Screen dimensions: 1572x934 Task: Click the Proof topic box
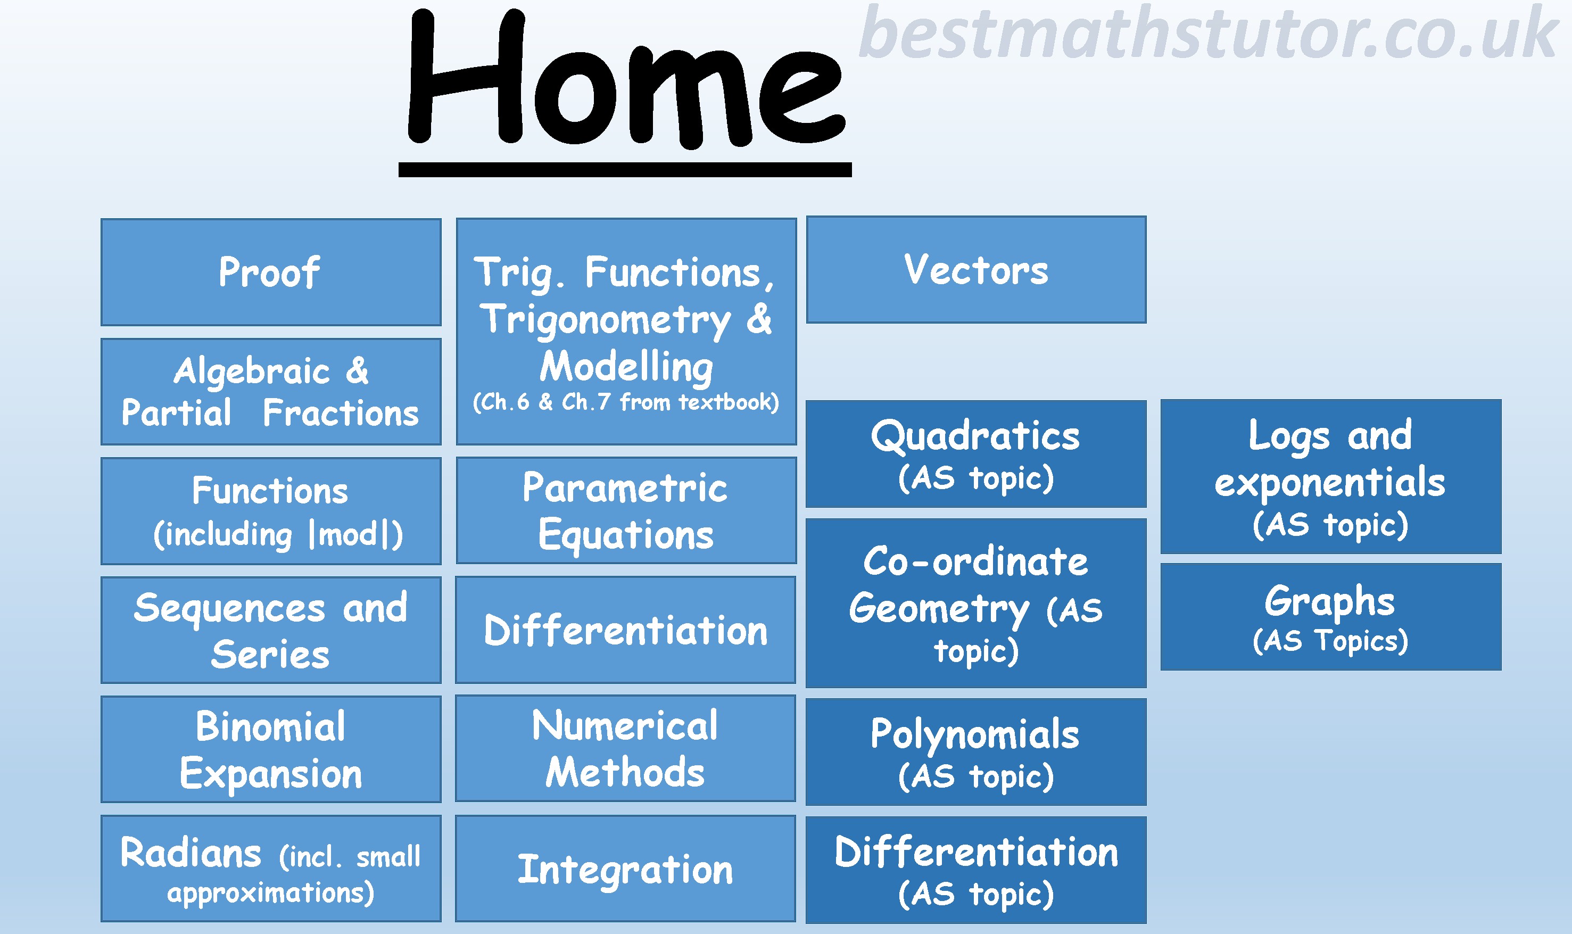[270, 272]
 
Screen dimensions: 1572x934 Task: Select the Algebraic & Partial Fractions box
[270, 392]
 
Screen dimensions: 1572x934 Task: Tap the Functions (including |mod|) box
[270, 511]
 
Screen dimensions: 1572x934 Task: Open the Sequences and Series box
[270, 630]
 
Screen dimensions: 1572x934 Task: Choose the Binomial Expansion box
[270, 749]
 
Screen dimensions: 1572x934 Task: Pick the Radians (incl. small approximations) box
[270, 869]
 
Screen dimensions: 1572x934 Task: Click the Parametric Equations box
[626, 510]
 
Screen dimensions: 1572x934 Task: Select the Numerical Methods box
[625, 748]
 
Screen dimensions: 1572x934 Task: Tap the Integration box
[625, 869]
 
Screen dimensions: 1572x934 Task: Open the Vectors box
[976, 269]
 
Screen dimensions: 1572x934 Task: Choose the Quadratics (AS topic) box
[976, 454]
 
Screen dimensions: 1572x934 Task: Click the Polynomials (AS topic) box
[976, 751]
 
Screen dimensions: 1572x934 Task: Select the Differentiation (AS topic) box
[976, 870]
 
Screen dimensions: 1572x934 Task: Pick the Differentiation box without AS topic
[625, 630]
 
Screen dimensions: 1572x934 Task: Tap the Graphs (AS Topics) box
[1331, 617]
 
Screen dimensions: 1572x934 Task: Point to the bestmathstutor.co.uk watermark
[1208, 32]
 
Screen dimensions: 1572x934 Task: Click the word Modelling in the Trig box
[626, 366]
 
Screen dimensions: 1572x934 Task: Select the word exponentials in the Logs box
[1330, 483]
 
